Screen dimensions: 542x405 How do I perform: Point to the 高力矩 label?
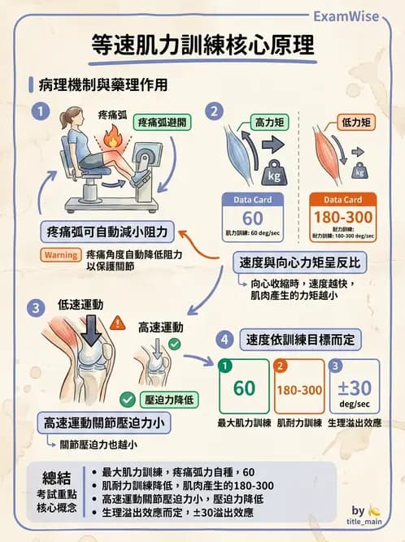click(268, 120)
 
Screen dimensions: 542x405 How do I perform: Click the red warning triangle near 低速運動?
click(117, 323)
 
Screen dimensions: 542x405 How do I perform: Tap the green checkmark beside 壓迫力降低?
click(127, 400)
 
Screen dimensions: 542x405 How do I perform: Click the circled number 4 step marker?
click(225, 339)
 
